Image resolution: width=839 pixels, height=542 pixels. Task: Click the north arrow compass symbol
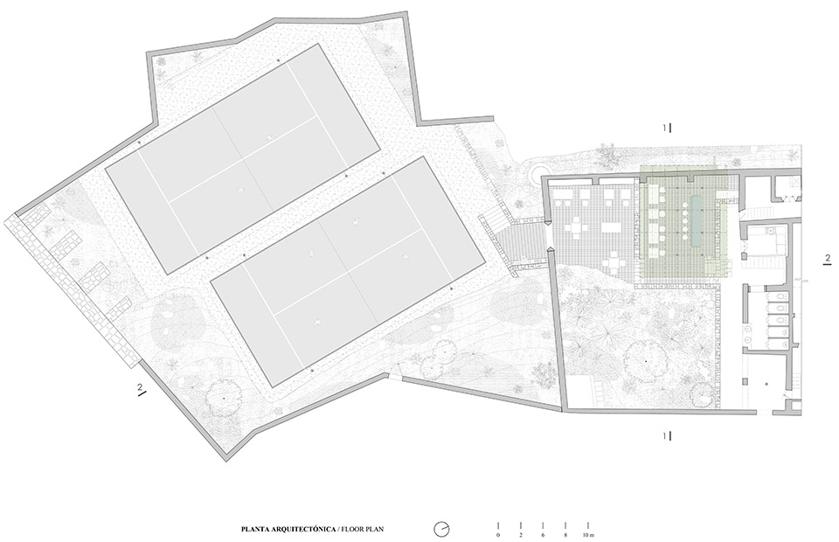tap(443, 528)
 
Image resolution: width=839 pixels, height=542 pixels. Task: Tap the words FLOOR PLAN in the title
tap(362, 529)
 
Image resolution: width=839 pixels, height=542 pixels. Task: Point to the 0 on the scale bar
tap(498, 533)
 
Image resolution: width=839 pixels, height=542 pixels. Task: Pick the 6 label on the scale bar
tap(543, 533)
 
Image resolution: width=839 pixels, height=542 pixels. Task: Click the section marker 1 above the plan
tap(666, 128)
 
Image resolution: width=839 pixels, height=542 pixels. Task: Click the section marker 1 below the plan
tap(666, 434)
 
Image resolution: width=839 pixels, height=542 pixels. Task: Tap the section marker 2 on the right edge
tap(827, 258)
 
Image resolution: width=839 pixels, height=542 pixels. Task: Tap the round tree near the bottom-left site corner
tap(225, 396)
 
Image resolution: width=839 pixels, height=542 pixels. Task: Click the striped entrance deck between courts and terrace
tap(521, 241)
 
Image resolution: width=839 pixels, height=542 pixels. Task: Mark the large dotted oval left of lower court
tap(178, 319)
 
